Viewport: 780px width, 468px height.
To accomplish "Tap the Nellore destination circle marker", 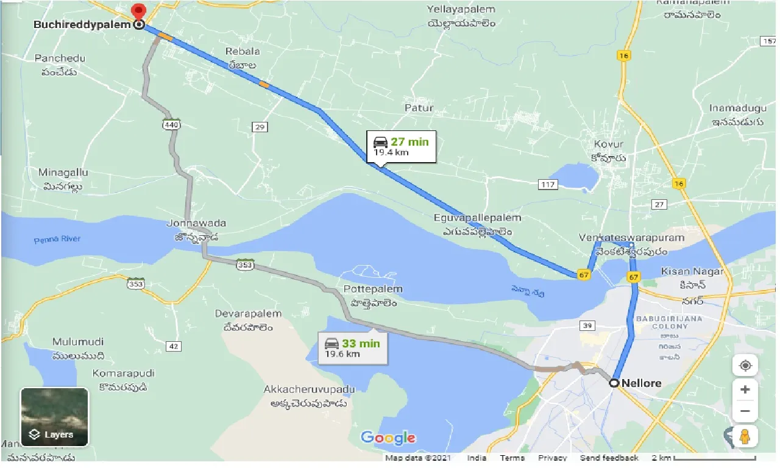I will coord(614,383).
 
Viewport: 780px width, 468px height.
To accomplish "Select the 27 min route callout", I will coord(401,146).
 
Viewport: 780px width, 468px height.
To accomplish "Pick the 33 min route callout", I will coord(352,347).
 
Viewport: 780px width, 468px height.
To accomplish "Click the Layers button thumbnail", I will coord(54,417).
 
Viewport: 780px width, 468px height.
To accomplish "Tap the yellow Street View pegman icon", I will coord(745,436).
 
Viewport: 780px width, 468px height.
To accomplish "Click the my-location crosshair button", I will coord(745,366).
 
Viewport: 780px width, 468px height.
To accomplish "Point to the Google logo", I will coord(388,438).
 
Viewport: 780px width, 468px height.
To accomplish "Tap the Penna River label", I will coord(57,239).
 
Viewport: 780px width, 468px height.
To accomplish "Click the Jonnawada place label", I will coord(192,224).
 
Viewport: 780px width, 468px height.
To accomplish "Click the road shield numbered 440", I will coord(171,125).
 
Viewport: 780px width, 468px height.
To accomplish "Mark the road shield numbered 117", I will coord(548,184).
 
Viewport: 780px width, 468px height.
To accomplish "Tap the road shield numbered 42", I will coord(174,346).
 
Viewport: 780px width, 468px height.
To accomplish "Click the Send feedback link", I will coord(609,458).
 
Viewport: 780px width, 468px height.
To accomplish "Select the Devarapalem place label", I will coord(248,314).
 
